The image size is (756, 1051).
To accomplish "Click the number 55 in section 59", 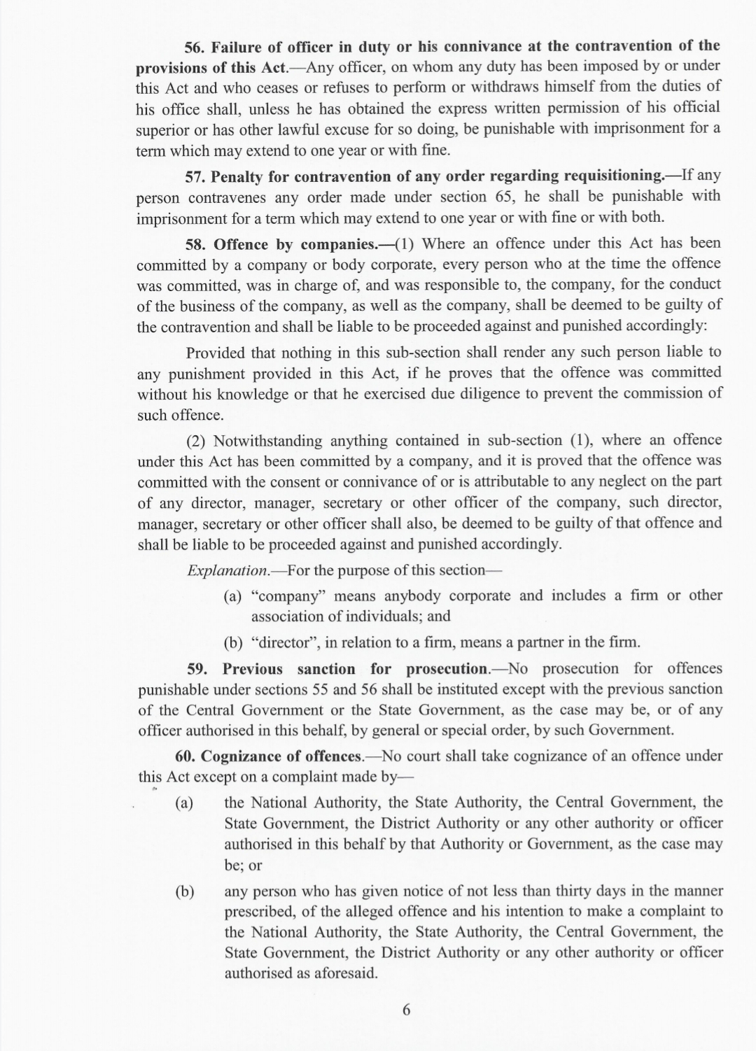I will click(321, 689).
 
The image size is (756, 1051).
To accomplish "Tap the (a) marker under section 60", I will click(184, 803).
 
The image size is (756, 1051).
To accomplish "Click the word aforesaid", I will click(343, 973).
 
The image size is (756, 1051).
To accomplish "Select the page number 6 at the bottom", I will click(406, 1010).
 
